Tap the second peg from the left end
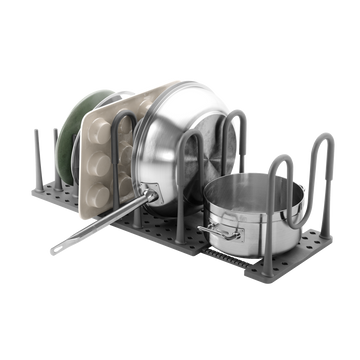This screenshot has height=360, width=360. pyautogui.click(x=52, y=160)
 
